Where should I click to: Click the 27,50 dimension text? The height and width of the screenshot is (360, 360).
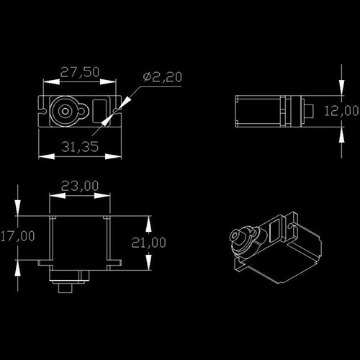pos(80,72)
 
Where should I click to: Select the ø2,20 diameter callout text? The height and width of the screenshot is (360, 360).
pos(163,77)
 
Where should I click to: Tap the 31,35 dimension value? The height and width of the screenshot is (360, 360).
pos(80,147)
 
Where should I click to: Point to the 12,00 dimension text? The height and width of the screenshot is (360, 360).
pos(341,111)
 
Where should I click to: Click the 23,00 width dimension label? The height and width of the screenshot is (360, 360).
pos(80,186)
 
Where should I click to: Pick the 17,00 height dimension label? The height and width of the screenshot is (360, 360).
pos(17,236)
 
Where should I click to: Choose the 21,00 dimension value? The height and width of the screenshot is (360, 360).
pos(149,243)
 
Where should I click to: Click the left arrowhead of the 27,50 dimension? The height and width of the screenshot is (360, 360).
pos(51,82)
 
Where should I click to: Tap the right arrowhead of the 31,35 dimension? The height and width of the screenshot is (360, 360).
pos(113,157)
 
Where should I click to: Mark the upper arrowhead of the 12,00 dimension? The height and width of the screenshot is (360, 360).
pos(342,88)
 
